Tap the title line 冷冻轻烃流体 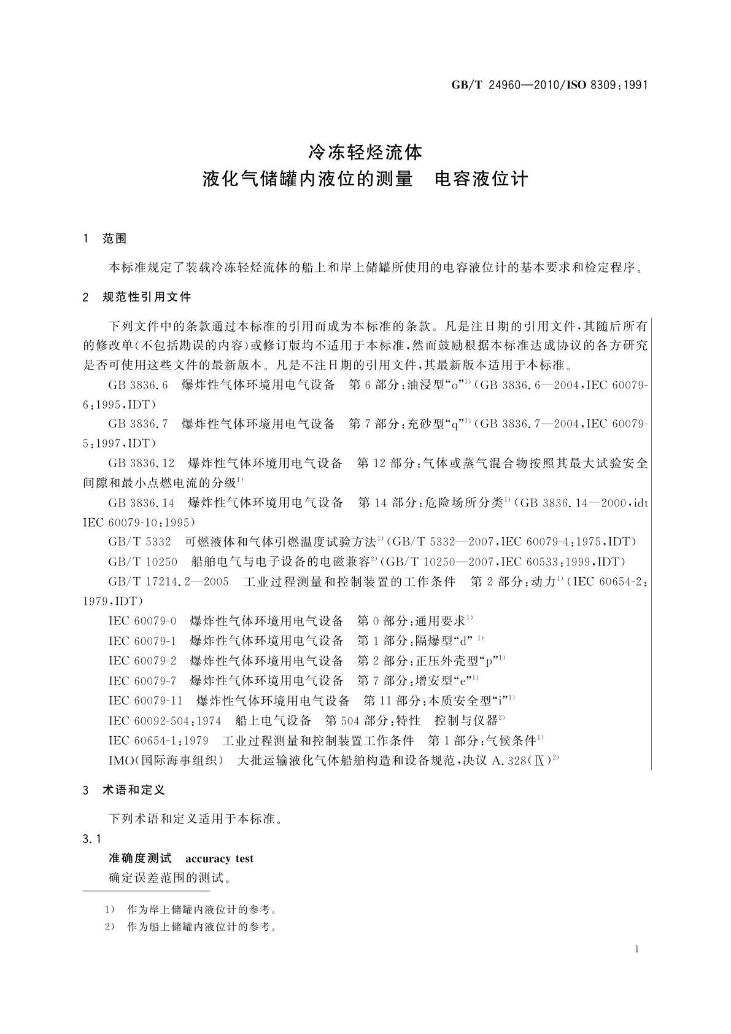[x=365, y=150]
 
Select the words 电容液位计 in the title [x=481, y=179]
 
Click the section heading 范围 [x=115, y=239]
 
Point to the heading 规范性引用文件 [x=147, y=297]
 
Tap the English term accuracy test [x=219, y=858]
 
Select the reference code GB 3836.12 [x=142, y=464]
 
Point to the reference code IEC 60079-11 [x=146, y=701]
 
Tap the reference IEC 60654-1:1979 [x=158, y=741]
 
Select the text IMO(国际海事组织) [x=166, y=761]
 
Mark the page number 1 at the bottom [x=636, y=949]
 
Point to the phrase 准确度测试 [x=141, y=858]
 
